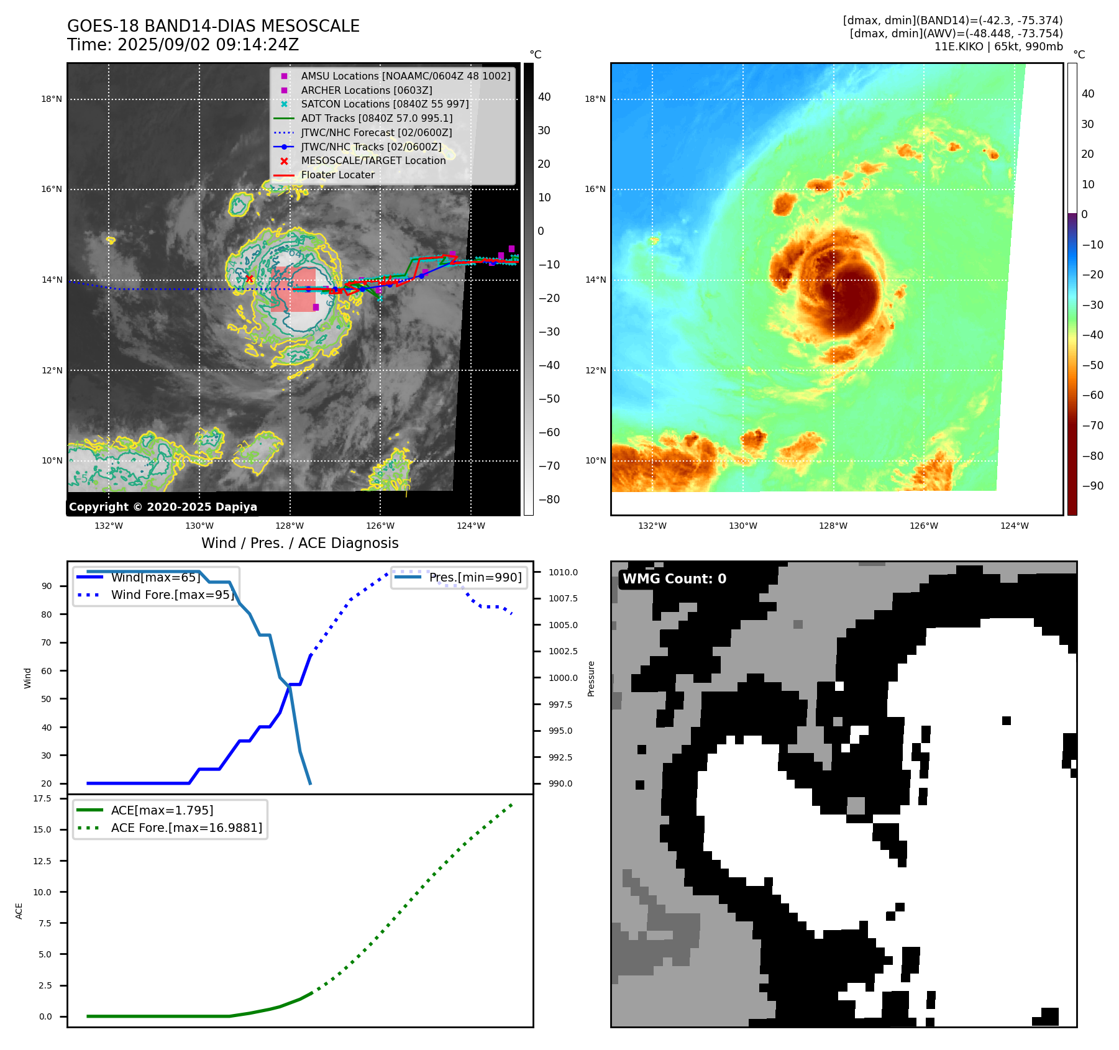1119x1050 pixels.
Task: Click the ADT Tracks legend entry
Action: (377, 118)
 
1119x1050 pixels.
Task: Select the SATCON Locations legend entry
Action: (385, 104)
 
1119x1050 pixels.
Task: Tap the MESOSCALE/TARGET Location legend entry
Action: (373, 160)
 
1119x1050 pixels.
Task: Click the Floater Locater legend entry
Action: (337, 175)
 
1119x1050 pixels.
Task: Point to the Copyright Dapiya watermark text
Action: (163, 507)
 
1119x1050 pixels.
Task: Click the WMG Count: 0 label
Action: (674, 579)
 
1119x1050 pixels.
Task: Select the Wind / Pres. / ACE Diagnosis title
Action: (299, 543)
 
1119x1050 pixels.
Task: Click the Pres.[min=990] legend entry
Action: (475, 577)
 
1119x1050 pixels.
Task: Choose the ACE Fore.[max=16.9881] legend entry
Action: (186, 828)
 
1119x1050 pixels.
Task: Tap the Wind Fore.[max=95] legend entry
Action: (172, 595)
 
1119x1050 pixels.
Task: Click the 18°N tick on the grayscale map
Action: (52, 99)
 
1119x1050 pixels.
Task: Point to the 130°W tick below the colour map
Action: (742, 526)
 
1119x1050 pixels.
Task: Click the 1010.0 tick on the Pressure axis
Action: (563, 572)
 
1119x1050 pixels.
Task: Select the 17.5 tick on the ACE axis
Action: (42, 798)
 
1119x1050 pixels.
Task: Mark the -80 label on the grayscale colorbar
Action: (549, 500)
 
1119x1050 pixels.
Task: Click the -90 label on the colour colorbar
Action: (1092, 486)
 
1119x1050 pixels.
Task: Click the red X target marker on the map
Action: (249, 279)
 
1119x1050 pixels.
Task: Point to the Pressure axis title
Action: (591, 678)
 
